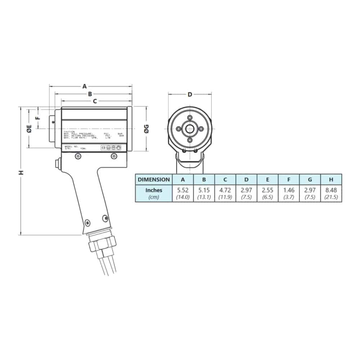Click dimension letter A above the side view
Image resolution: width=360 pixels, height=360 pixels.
pos(85,86)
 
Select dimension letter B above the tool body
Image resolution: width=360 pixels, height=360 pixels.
pos(90,94)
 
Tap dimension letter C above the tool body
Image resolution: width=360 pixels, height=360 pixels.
pos(95,102)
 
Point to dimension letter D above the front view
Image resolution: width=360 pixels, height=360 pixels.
pos(190,95)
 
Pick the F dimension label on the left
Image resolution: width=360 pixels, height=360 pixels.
pos(37,118)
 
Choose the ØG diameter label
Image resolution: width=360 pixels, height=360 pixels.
pos(147,128)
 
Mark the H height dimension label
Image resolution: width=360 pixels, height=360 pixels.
pos(22,172)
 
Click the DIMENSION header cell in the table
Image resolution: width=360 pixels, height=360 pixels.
pos(154,179)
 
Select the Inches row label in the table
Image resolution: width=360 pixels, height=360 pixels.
pos(154,190)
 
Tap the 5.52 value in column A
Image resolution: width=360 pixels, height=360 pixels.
pos(183,190)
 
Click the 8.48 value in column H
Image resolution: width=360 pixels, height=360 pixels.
pos(331,190)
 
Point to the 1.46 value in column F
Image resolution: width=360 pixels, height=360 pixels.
pos(289,190)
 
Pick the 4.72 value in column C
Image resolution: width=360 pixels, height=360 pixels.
pos(225,190)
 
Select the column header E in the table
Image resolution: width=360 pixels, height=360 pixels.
pos(267,179)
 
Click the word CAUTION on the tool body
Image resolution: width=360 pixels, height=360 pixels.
pos(69,132)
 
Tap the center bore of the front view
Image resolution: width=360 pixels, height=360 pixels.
pos(190,128)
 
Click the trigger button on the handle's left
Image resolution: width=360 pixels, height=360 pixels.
pos(57,164)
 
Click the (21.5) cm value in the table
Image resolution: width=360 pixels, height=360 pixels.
pos(331,197)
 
